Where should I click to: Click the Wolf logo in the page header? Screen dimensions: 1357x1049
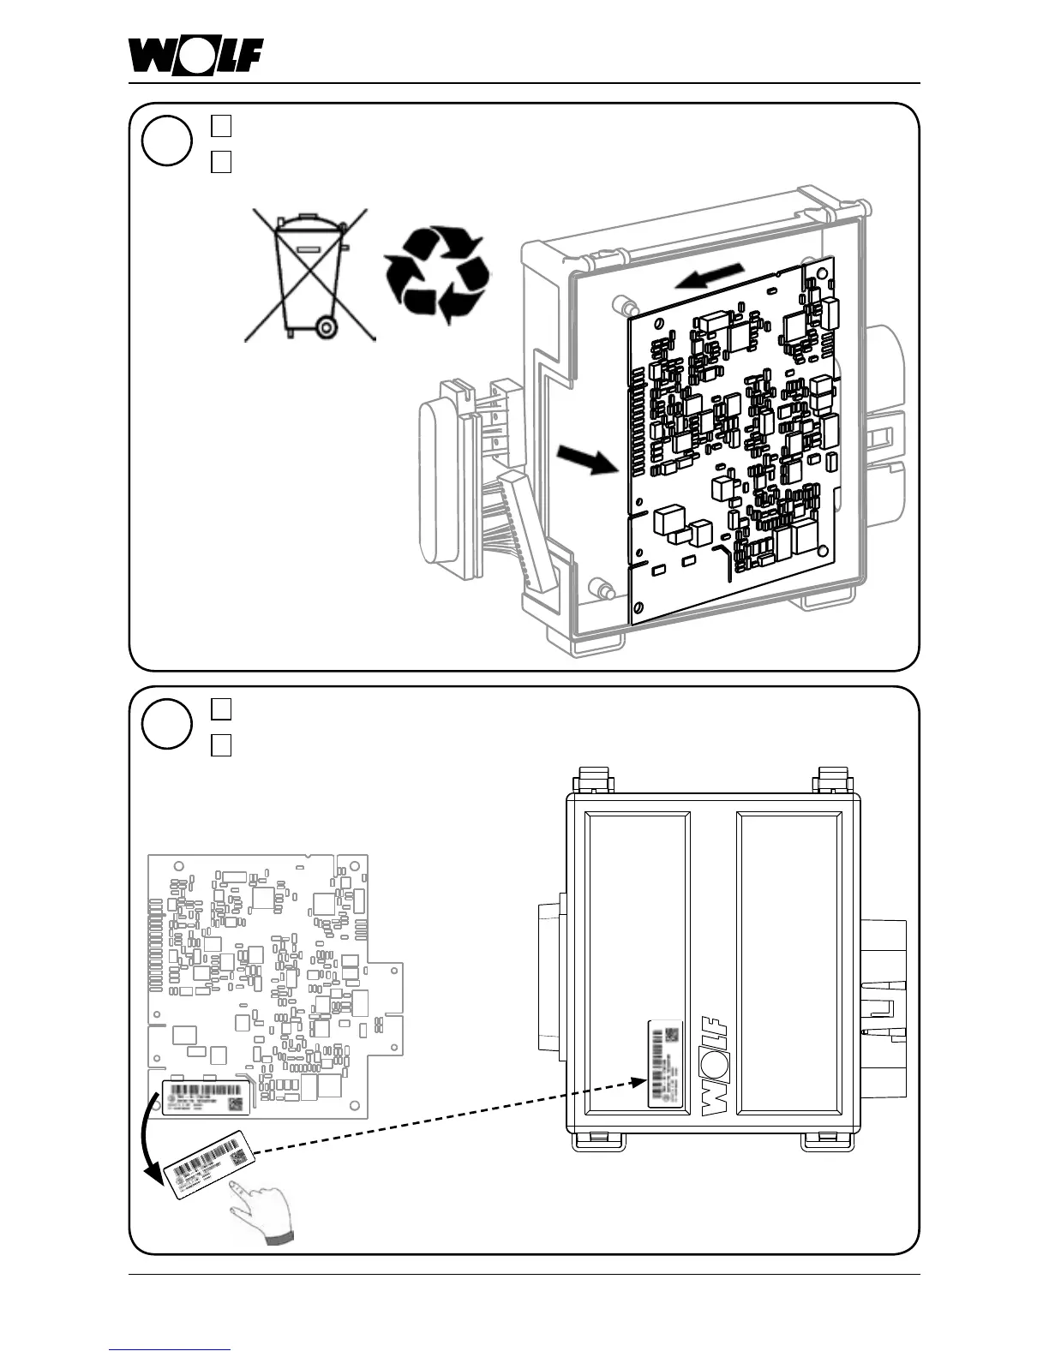195,57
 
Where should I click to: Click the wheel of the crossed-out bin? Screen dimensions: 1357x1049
326,326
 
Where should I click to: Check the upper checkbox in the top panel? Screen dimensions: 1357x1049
221,126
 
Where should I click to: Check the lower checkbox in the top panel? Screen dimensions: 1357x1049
221,160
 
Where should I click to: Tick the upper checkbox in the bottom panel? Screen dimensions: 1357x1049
221,709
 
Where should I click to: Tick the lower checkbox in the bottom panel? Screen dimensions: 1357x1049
221,744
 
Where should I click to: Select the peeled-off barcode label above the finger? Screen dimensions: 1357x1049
210,1163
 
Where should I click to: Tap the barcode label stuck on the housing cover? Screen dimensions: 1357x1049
665,1063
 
